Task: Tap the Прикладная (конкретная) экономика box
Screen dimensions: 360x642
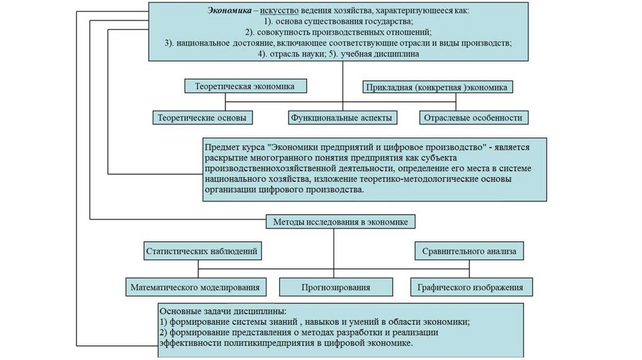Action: click(438, 88)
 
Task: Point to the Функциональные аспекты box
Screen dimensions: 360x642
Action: click(342, 117)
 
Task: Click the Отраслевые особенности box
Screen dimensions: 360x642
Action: click(473, 117)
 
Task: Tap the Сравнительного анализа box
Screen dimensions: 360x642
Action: click(469, 251)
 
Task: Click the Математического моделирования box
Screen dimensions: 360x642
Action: click(195, 287)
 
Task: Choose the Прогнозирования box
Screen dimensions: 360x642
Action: click(335, 287)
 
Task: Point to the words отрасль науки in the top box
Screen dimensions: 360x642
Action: click(293, 54)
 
